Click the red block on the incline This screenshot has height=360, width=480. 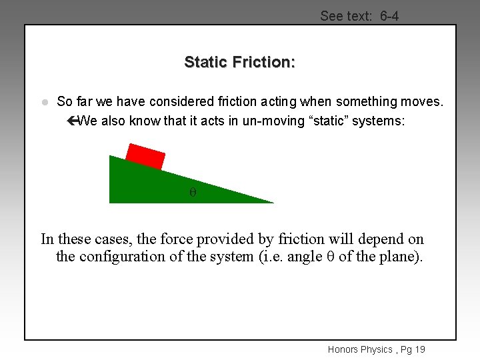tap(145, 157)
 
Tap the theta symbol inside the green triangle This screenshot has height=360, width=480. tap(193, 192)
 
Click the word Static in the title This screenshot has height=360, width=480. tap(206, 62)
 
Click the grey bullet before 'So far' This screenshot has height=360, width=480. tap(44, 102)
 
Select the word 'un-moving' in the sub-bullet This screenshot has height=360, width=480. tap(239, 121)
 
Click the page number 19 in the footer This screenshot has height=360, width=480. tap(419, 349)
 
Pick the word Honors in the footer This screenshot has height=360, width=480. tap(343, 349)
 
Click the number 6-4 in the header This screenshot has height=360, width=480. tap(389, 15)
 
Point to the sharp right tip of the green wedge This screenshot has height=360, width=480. tap(272, 202)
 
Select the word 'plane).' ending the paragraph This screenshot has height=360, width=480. tap(400, 257)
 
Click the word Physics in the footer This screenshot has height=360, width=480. tap(377, 349)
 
